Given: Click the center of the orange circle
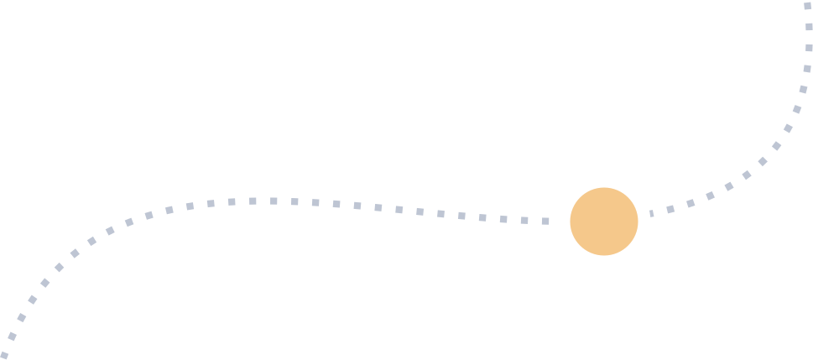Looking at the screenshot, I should [x=604, y=222].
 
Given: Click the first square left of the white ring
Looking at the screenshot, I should [x=545, y=221].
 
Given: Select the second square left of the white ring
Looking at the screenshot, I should [x=524, y=220].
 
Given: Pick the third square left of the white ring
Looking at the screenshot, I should [x=503, y=219].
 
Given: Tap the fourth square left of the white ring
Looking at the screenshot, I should [x=482, y=217].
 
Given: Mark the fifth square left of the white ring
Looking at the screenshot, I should [x=461, y=216].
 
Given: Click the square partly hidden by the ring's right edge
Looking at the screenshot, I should [x=651, y=213].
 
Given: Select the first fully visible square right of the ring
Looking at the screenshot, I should [x=670, y=208].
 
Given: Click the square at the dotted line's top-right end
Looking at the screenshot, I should [x=808, y=5].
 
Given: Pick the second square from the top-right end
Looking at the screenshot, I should [x=809, y=26].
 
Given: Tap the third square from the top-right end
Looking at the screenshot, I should [x=809, y=47].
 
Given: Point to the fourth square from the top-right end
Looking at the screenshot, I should [x=807, y=68].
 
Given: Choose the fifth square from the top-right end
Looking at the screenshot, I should [x=803, y=89].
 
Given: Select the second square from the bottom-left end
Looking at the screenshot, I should [x=12, y=337].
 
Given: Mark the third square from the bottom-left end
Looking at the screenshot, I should [x=22, y=317].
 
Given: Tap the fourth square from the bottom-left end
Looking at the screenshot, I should [x=33, y=300].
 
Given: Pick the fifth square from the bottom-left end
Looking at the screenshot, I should [x=45, y=283].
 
